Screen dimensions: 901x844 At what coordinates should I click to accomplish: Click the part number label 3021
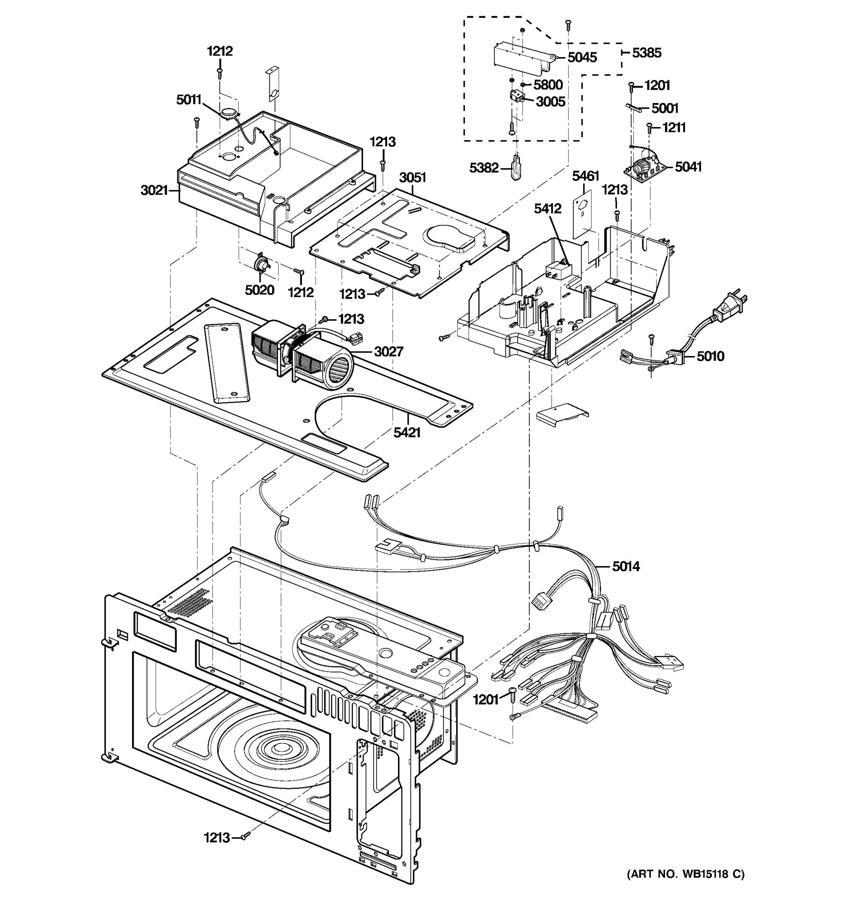[154, 190]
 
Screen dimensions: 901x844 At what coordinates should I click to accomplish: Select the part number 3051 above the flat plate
[413, 177]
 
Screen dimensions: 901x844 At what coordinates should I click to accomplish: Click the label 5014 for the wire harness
[626, 566]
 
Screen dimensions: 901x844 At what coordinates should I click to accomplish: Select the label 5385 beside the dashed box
[647, 53]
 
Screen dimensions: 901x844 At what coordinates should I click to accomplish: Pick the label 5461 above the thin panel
[586, 176]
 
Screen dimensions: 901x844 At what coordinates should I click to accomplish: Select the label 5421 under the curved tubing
[407, 433]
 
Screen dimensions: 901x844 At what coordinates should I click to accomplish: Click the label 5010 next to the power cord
[710, 356]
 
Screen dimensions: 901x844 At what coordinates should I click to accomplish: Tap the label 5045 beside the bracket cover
[582, 57]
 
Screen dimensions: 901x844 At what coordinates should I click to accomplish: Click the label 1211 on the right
[674, 128]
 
